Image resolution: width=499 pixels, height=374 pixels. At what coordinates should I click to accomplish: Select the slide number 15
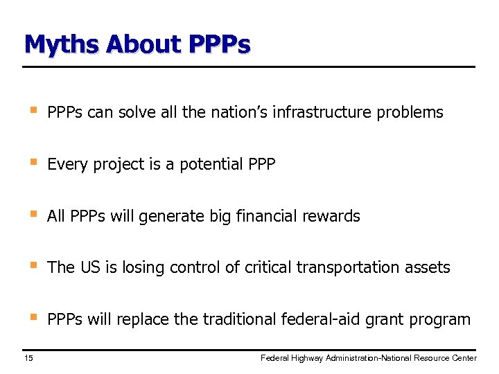click(x=28, y=358)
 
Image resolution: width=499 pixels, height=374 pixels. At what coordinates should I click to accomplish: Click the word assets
click(x=428, y=267)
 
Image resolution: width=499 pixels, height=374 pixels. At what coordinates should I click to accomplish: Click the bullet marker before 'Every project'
click(x=31, y=163)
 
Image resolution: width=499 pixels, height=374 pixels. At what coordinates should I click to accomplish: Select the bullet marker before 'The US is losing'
click(x=31, y=266)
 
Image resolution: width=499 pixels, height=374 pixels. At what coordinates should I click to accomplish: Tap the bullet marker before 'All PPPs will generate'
click(x=31, y=215)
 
